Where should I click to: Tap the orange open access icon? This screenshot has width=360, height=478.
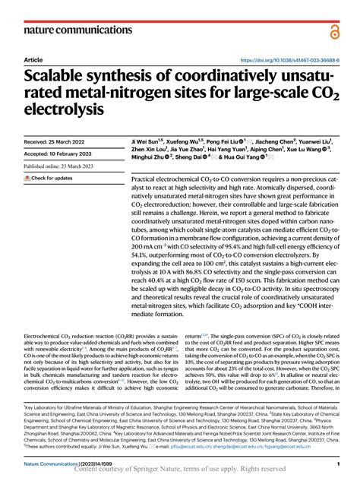point(334,30)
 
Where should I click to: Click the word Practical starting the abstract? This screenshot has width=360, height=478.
point(147,178)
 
